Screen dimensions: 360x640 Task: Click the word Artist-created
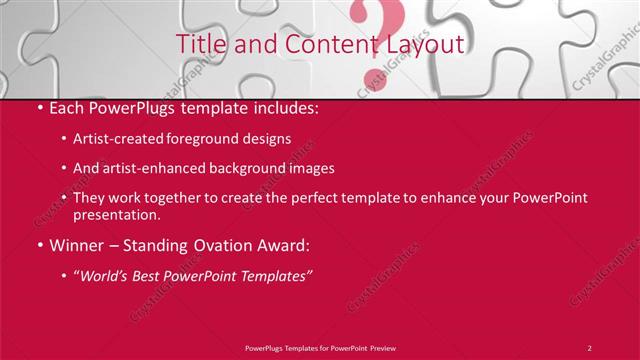pyautogui.click(x=117, y=138)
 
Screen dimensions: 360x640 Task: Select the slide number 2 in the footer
pyautogui.click(x=590, y=347)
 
